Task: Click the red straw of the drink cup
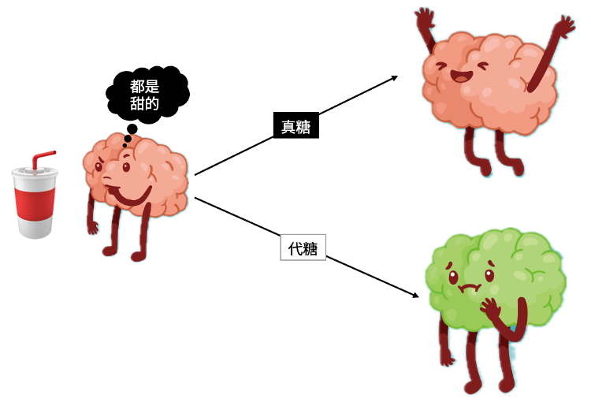pos(42,159)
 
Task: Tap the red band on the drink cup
pos(35,204)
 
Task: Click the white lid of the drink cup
pos(35,173)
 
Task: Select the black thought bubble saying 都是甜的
pos(147,95)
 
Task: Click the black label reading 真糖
pos(296,125)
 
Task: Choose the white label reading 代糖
pos(303,248)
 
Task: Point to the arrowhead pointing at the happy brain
pos(394,78)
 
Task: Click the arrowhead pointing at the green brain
pos(415,294)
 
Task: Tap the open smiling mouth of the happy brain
pos(461,76)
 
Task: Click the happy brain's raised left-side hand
pos(425,17)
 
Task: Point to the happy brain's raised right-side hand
pos(565,26)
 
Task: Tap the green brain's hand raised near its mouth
pos(490,308)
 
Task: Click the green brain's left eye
pos(453,277)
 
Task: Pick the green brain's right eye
pos(489,275)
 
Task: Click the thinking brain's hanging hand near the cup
pos(92,227)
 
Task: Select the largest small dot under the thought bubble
pos(132,129)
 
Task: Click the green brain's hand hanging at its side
pos(448,359)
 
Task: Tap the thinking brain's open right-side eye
pos(126,166)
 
